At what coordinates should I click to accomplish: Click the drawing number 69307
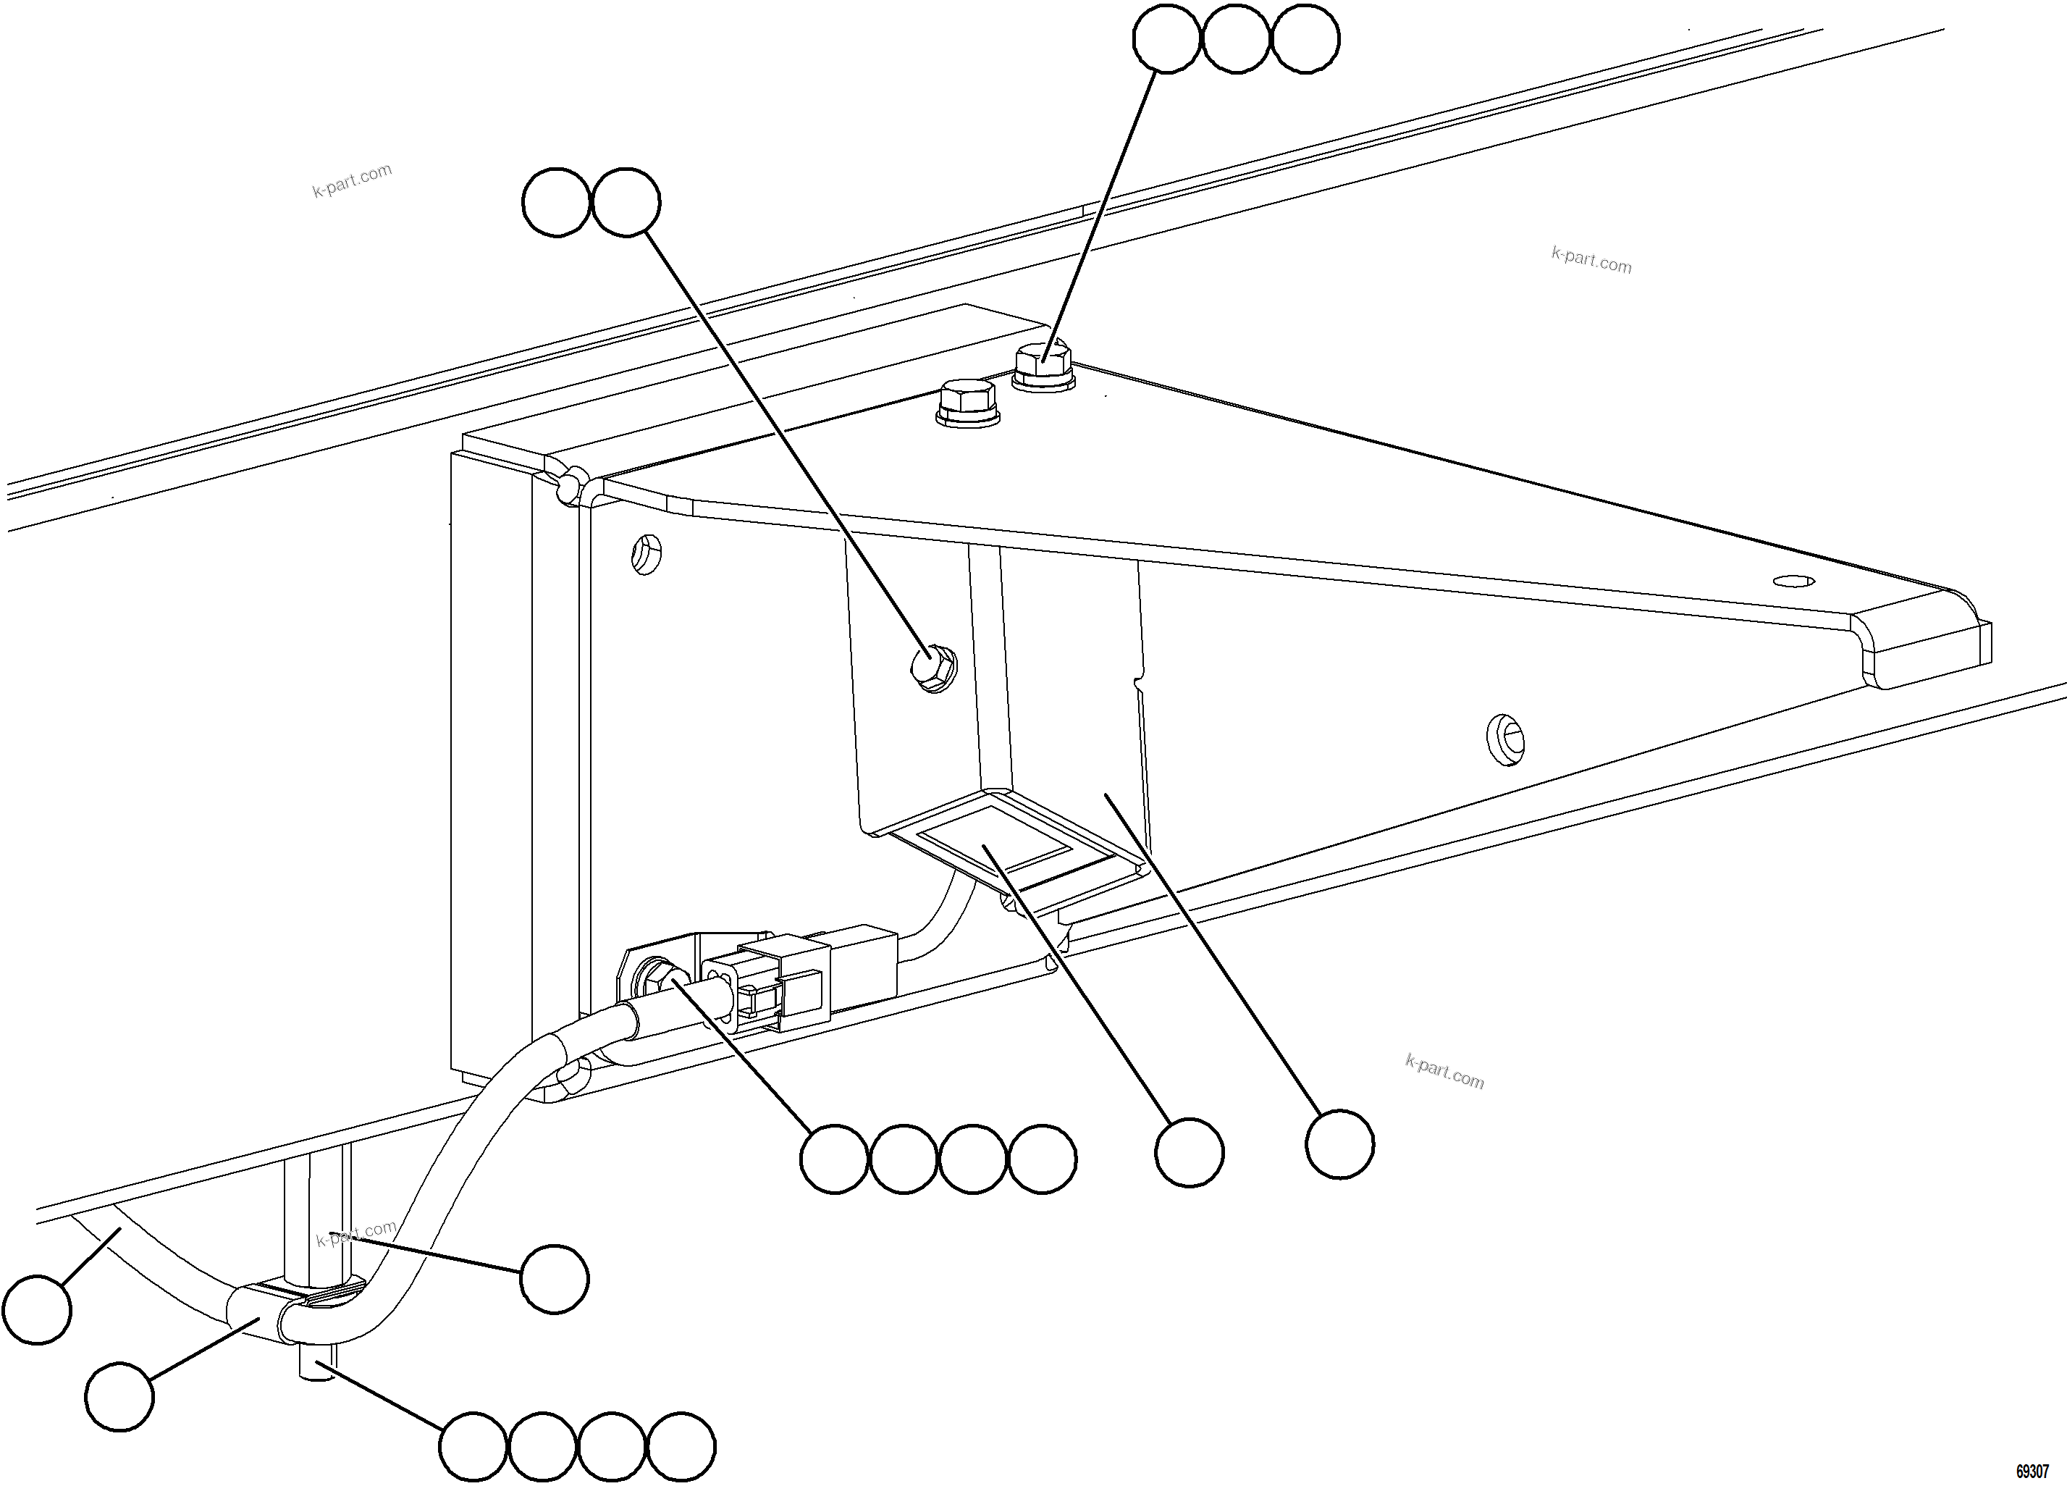point(2032,1472)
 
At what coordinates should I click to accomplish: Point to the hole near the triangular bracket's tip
point(1793,581)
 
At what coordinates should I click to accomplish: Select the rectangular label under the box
point(993,843)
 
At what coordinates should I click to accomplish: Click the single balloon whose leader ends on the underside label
point(1188,1152)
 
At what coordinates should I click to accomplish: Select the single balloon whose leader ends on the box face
point(1339,1143)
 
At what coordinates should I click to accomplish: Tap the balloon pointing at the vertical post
point(554,1279)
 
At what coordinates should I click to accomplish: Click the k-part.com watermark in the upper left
point(352,180)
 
